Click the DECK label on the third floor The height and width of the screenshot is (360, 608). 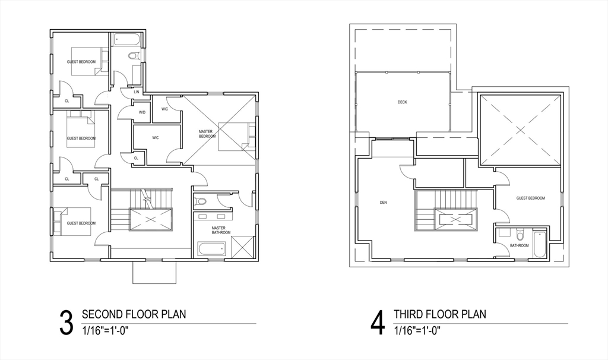[402, 102]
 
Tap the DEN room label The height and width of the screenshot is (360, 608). [383, 203]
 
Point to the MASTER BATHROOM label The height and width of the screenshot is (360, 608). [221, 230]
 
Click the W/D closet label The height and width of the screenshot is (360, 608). [142, 112]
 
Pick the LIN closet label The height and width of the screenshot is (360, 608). [136, 92]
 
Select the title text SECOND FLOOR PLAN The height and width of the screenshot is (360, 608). [134, 314]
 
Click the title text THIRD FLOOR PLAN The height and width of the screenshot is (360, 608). [440, 314]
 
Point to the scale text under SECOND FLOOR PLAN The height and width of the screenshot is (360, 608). [105, 331]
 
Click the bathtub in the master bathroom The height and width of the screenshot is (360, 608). [212, 249]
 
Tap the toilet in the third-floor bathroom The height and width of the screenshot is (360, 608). [520, 234]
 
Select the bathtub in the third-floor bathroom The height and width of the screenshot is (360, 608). [540, 244]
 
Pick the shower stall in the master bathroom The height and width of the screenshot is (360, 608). [242, 247]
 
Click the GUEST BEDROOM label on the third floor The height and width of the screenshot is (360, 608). [530, 198]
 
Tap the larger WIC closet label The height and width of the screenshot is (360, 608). [156, 138]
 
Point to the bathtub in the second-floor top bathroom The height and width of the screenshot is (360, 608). [127, 40]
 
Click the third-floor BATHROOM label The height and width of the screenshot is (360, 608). [519, 245]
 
